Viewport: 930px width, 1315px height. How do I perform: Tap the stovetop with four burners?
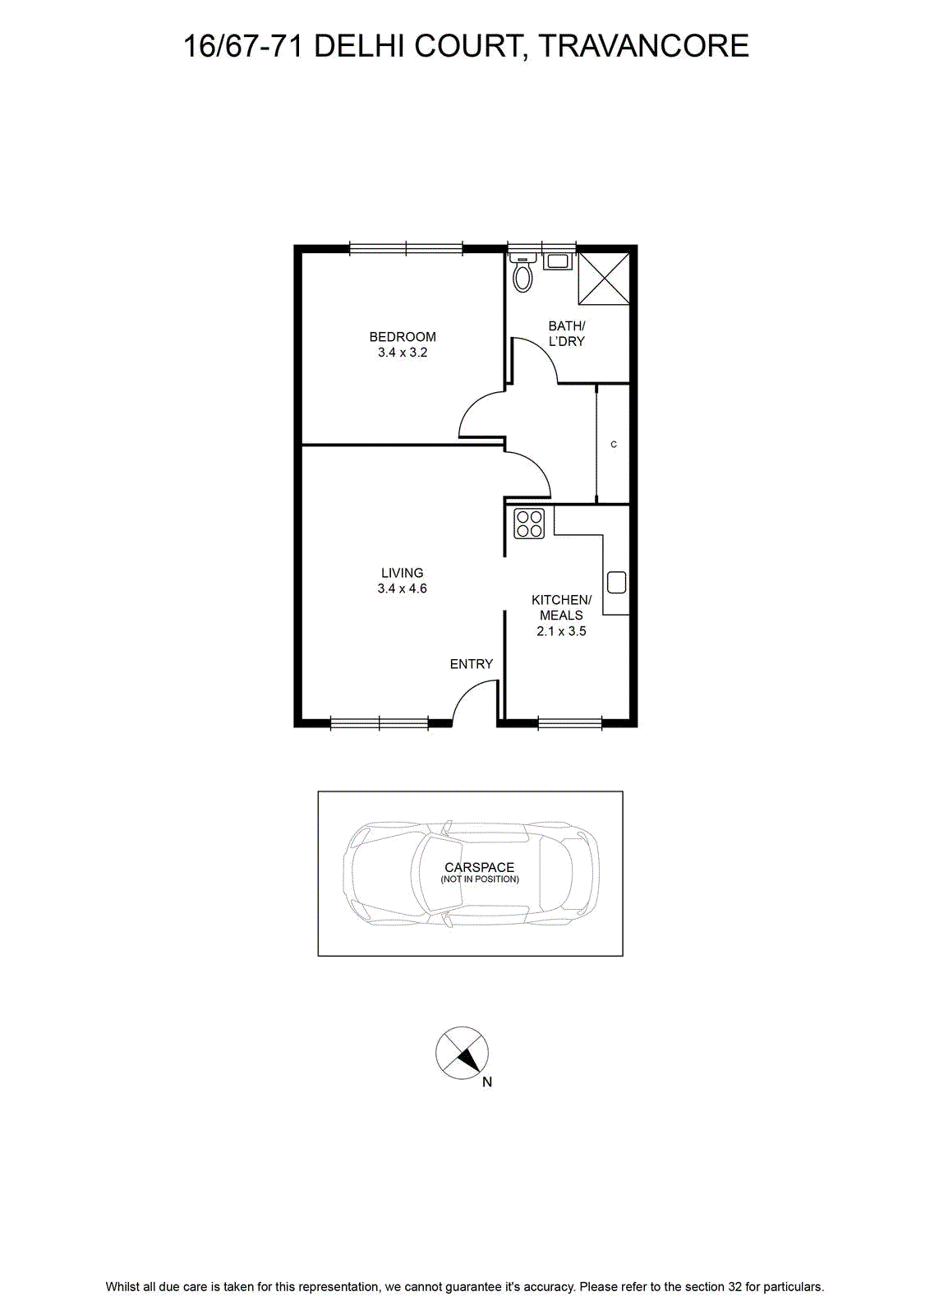click(528, 524)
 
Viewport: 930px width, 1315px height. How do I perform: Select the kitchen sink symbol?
click(616, 583)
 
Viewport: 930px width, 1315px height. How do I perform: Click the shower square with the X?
click(604, 279)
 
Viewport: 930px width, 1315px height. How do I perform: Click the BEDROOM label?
click(403, 337)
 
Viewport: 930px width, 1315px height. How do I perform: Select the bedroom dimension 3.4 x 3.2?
click(403, 353)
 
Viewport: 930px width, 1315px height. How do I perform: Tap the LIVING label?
click(402, 573)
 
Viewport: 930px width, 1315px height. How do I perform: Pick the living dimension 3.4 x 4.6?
click(402, 588)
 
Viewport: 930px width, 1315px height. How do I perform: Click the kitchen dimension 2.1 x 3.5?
click(561, 632)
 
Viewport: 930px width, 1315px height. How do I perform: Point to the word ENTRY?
click(471, 664)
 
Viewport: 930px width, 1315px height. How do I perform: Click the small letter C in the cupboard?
click(614, 445)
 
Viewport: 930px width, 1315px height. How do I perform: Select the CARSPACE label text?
click(479, 867)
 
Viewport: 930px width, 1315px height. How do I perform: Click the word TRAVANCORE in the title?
click(643, 46)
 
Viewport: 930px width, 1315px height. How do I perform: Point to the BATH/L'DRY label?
click(566, 334)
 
